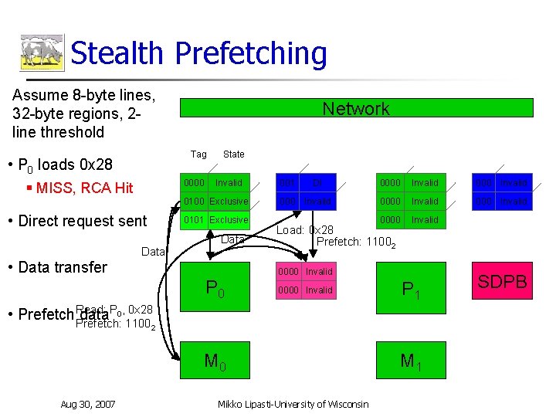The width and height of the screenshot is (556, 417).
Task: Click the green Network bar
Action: point(356,108)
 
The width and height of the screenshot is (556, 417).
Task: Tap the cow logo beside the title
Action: point(41,53)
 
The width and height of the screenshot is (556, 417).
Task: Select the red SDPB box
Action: point(502,283)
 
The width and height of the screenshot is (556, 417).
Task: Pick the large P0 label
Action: point(215,289)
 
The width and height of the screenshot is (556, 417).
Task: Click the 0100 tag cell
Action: point(194,202)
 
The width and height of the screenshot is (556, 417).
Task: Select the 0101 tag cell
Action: point(194,220)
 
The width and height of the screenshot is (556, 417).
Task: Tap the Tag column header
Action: point(198,154)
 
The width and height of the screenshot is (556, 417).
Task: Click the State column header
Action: point(233,154)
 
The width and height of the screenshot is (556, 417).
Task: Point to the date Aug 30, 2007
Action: point(88,404)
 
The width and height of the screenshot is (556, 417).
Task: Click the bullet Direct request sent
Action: point(82,221)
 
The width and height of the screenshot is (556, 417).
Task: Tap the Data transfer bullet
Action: point(63,267)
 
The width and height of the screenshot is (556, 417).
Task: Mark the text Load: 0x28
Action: point(305,230)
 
